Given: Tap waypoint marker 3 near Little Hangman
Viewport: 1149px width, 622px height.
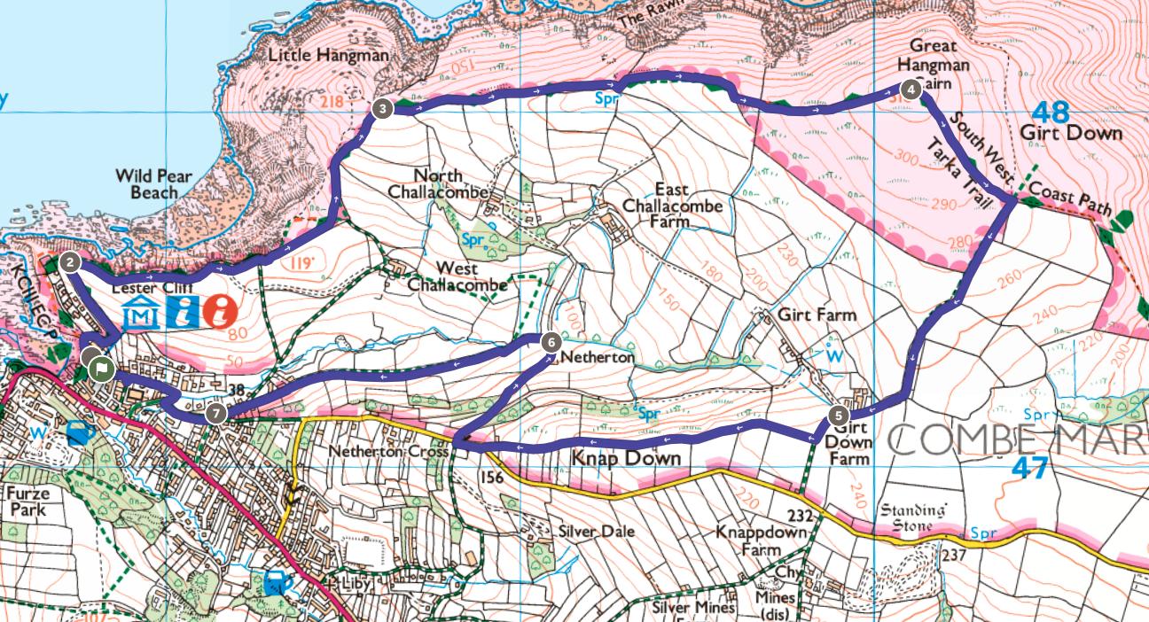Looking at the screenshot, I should coord(381,109).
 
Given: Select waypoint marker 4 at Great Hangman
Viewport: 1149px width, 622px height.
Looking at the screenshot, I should coord(911,89).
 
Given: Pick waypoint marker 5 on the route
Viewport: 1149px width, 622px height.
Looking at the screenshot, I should coord(840,415).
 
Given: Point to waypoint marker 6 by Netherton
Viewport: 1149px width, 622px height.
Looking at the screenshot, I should coord(550,341).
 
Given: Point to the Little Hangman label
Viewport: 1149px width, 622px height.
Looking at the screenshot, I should coord(328,56).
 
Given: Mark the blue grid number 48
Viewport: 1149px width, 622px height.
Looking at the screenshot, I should coord(1051,113).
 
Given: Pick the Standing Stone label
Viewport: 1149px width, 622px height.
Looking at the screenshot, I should coord(912,518).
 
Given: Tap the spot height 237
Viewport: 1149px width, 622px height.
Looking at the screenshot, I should coord(953,556).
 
